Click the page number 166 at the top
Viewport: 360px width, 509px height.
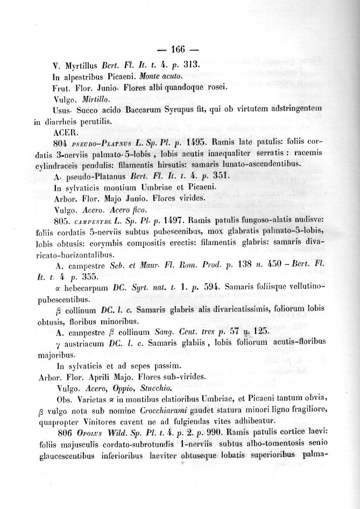tap(178, 50)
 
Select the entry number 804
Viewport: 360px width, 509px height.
tap(63, 143)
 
